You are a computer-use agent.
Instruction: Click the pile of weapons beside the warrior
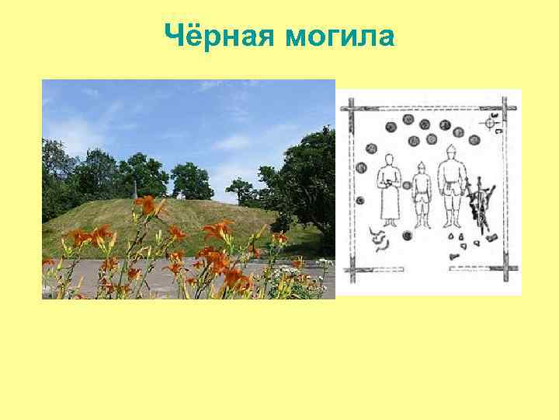[x=480, y=204]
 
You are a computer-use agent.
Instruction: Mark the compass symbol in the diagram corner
[x=491, y=122]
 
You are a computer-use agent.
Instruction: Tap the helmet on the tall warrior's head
[x=451, y=149]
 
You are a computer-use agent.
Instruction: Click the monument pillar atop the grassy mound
[x=136, y=189]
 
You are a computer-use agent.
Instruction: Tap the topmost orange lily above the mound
[x=148, y=205]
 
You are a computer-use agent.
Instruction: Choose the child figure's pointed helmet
[x=421, y=166]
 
